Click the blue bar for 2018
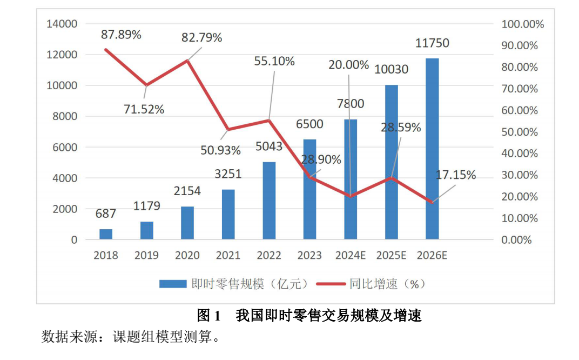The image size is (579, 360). [106, 234]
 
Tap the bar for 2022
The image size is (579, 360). [269, 201]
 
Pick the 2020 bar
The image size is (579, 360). [187, 223]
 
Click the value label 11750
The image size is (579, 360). [432, 43]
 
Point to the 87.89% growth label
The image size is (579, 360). [121, 35]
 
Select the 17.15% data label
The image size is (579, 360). [456, 175]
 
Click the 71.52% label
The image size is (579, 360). [144, 109]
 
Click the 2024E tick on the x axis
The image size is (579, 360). [351, 255]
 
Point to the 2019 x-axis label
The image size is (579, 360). [146, 255]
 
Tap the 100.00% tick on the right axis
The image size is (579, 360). [522, 24]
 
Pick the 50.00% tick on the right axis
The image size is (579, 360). [520, 132]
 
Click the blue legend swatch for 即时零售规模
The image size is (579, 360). [172, 284]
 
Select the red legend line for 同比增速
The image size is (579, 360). [331, 284]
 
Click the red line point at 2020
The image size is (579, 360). [187, 61]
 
